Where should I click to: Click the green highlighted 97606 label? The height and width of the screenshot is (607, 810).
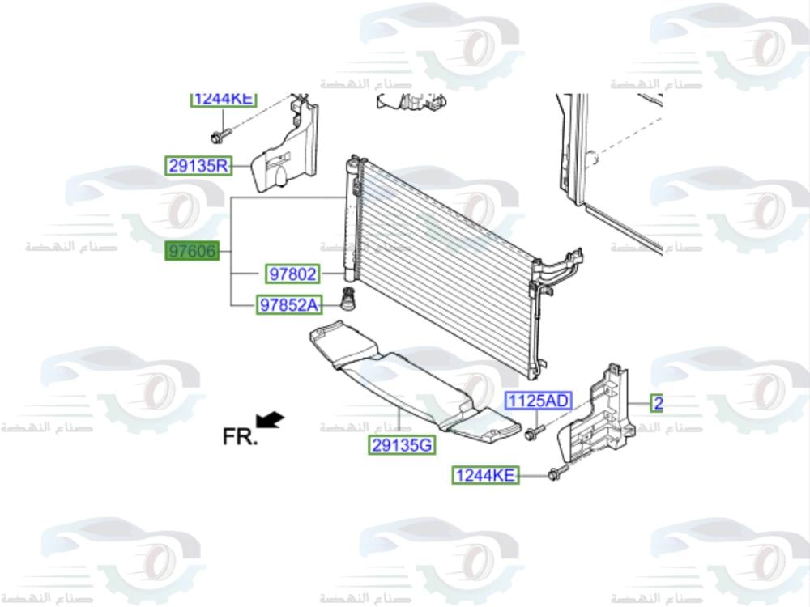pyautogui.click(x=192, y=252)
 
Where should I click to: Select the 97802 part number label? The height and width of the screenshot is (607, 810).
pyautogui.click(x=292, y=274)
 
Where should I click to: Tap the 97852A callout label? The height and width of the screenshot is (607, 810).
pyautogui.click(x=289, y=305)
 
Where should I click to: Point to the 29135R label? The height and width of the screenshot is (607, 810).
pyautogui.click(x=198, y=167)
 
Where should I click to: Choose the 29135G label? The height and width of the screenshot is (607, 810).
pyautogui.click(x=403, y=444)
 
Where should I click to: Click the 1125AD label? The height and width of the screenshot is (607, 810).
pyautogui.click(x=538, y=401)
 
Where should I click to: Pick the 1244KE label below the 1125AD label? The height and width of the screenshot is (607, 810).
pyautogui.click(x=484, y=476)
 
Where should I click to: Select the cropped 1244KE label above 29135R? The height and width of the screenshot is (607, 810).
pyautogui.click(x=224, y=100)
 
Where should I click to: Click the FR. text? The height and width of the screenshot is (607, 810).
pyautogui.click(x=240, y=437)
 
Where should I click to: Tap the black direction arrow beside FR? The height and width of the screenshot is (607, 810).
pyautogui.click(x=270, y=419)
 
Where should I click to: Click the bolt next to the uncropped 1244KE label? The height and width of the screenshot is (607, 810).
pyautogui.click(x=555, y=473)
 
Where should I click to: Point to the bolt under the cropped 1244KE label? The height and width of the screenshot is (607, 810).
pyautogui.click(x=220, y=133)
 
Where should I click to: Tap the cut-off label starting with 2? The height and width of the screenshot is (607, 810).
pyautogui.click(x=657, y=402)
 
